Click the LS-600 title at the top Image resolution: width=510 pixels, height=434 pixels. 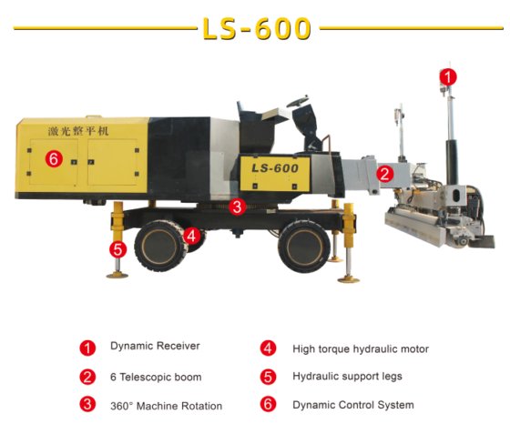257,28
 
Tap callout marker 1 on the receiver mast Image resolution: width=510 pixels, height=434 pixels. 448,77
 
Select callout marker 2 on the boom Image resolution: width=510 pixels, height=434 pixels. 384,174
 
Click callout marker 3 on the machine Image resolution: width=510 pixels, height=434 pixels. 237,207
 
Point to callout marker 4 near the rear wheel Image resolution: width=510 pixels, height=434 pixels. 191,236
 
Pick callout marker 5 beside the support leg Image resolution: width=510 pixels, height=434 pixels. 117,249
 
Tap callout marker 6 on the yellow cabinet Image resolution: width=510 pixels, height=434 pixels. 54,159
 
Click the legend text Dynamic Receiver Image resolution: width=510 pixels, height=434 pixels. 155,346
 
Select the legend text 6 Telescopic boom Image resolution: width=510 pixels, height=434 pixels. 156,378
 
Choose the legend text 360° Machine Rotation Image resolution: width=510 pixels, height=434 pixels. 166,406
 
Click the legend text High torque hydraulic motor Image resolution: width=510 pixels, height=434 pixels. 361,349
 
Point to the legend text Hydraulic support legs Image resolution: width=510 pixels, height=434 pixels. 347,377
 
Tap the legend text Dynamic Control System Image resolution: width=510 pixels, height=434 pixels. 353,405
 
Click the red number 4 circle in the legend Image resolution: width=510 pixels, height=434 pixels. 268,348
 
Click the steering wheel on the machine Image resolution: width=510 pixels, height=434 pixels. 297,101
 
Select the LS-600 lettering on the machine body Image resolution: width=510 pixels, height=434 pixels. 275,168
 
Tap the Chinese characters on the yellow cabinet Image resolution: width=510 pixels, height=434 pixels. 78,131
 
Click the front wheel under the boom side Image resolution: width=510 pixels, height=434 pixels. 304,246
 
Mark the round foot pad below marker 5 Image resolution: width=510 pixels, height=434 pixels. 117,276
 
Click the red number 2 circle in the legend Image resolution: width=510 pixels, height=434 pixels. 87,378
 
